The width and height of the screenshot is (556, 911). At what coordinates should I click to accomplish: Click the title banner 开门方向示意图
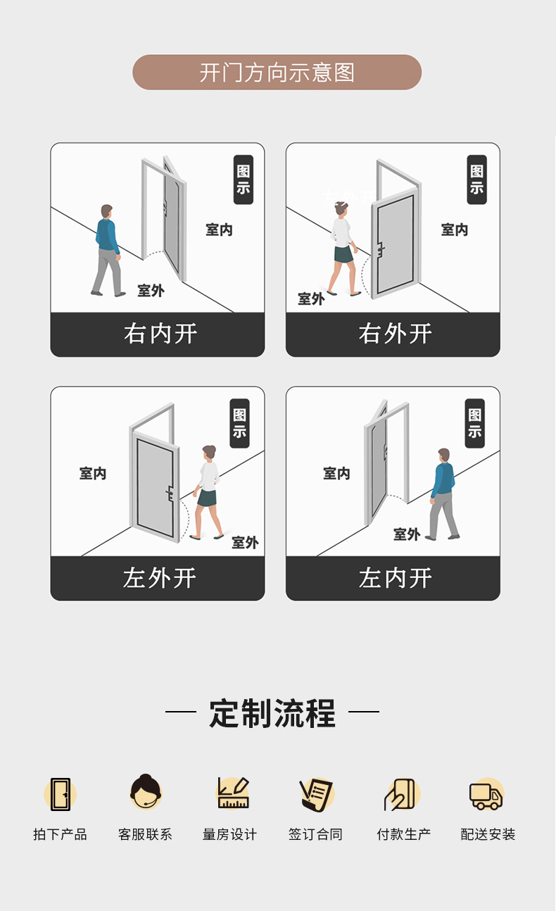click(x=277, y=73)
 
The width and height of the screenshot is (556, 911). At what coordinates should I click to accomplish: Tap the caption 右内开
click(x=160, y=334)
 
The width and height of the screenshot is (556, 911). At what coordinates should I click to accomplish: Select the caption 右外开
click(x=395, y=334)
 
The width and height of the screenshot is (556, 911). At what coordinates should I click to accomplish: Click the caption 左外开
click(x=160, y=577)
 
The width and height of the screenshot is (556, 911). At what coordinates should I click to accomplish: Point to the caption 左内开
click(x=395, y=577)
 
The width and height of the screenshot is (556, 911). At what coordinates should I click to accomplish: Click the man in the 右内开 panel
click(x=107, y=251)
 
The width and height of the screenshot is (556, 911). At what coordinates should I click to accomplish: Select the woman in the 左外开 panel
click(x=208, y=493)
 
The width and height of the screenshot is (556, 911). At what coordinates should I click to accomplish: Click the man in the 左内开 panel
click(x=443, y=494)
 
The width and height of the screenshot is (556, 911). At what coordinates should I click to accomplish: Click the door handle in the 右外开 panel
click(x=381, y=249)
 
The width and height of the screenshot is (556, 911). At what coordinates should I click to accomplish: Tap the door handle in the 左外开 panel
click(x=170, y=494)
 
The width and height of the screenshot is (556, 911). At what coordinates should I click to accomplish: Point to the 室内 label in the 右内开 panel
click(x=219, y=230)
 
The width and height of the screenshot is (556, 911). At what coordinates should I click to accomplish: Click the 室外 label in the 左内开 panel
click(x=406, y=534)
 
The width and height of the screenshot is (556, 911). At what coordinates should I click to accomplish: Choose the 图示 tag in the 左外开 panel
click(x=239, y=423)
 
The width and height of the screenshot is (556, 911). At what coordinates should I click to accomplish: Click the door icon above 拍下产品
click(x=61, y=794)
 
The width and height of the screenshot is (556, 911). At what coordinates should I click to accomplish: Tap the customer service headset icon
click(x=146, y=791)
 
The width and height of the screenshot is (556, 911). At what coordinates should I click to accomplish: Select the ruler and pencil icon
click(x=232, y=793)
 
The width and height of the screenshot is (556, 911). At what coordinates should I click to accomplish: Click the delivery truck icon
click(x=486, y=795)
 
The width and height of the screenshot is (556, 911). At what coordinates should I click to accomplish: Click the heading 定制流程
click(x=272, y=713)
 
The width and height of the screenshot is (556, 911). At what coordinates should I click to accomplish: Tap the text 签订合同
click(x=315, y=834)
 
